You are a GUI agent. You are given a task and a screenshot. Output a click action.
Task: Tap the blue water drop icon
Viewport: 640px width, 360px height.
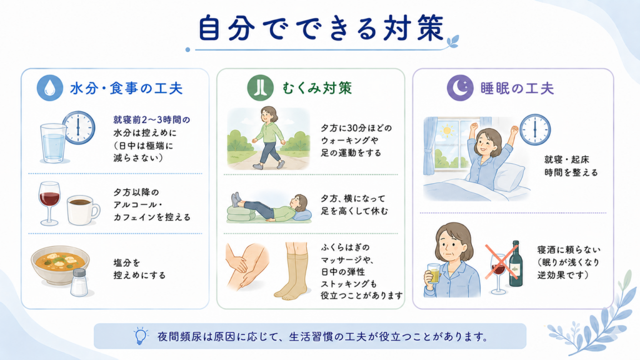(x=50, y=87)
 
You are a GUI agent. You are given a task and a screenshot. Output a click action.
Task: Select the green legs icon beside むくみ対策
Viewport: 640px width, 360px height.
(x=261, y=87)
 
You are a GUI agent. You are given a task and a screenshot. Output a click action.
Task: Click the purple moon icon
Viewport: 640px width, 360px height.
(x=460, y=87)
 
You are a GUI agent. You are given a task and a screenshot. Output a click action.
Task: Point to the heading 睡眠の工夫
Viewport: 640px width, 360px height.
(x=517, y=89)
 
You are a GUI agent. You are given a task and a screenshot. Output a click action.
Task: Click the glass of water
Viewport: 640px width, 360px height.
(x=53, y=143)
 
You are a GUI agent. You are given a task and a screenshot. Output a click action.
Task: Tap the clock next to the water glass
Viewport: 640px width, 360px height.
(x=79, y=127)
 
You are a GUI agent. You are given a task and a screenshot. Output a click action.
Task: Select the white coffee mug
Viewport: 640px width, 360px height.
(x=83, y=210)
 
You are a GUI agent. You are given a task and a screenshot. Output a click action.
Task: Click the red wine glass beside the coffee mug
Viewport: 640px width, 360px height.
(x=49, y=203)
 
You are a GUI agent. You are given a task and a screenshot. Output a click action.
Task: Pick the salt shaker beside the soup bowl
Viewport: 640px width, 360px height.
(x=79, y=282)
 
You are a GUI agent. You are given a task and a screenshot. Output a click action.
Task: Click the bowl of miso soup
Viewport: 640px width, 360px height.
(x=60, y=264)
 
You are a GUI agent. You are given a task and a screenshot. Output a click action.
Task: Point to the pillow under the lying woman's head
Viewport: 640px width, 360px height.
(x=302, y=215)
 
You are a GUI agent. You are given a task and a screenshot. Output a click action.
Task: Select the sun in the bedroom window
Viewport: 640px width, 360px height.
(x=447, y=131)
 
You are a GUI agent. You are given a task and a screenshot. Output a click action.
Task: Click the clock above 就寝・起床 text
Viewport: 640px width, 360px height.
(x=535, y=130)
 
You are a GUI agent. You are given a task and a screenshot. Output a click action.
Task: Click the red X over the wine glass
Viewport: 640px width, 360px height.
(x=501, y=262)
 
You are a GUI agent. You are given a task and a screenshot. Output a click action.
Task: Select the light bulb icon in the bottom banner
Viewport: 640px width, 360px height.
(x=141, y=336)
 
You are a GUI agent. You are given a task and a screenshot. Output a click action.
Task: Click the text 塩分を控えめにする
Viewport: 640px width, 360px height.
(x=139, y=269)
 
